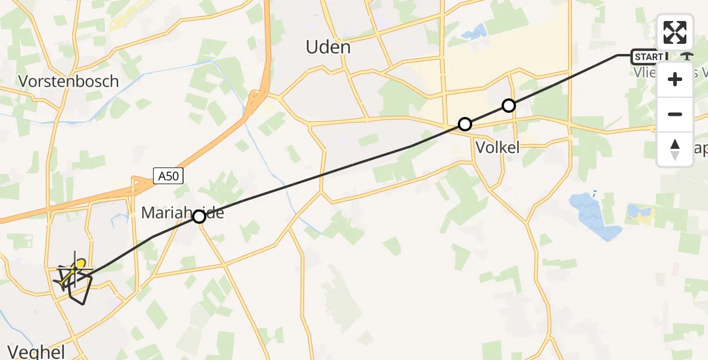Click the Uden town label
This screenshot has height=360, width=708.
328,46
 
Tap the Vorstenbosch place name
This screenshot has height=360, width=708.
68,82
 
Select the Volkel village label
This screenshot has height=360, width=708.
497,148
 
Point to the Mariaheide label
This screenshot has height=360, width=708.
182,212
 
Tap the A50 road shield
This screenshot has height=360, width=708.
169,176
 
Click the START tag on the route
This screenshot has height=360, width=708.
649,57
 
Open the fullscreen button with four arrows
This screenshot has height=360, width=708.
675,32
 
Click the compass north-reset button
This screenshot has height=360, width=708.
675,149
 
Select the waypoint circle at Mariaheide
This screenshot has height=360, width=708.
199,217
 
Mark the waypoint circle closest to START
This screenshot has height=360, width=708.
509,106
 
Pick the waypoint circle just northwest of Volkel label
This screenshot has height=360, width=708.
464,124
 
